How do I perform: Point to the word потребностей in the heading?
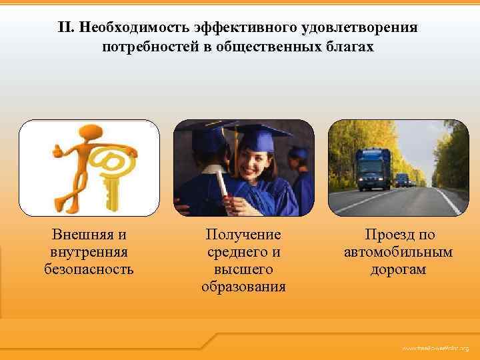click(x=147, y=47)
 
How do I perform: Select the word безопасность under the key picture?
click(x=89, y=269)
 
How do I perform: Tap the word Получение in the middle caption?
click(x=243, y=235)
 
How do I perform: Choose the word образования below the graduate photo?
click(x=243, y=287)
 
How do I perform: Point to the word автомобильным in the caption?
click(x=398, y=252)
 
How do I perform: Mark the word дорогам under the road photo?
click(x=398, y=269)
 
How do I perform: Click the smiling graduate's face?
click(x=252, y=162)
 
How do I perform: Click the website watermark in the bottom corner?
click(x=435, y=349)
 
